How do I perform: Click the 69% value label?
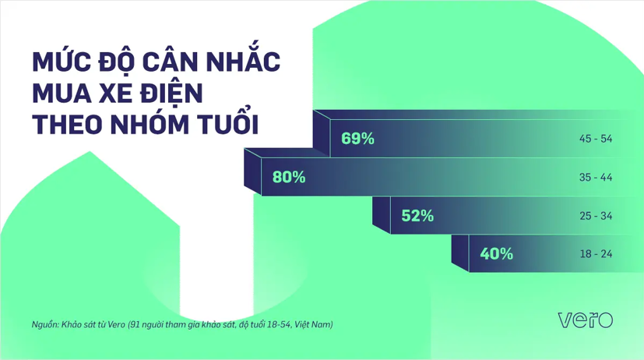coord(358,139)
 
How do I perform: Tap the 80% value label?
coord(289,177)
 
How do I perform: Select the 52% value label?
coord(417,215)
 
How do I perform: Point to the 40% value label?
coord(496,253)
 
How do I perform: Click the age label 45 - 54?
coord(596,139)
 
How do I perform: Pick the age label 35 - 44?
coord(596,177)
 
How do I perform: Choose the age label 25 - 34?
coord(596,215)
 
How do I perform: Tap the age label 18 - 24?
coord(596,253)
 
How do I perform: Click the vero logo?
coord(586,319)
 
